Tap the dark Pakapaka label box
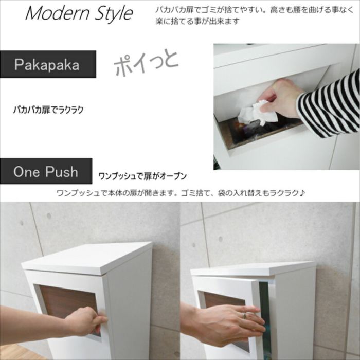[47, 65]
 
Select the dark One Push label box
[46, 171]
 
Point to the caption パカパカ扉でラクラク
[48, 110]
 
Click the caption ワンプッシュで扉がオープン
[142, 176]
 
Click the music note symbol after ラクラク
[302, 193]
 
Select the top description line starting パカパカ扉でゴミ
[257, 10]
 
